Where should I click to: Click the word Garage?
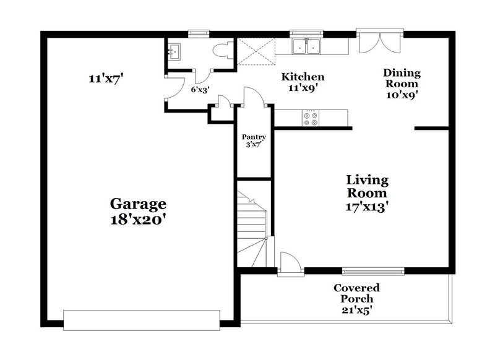(x=138, y=203)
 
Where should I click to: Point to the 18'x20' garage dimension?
(x=138, y=220)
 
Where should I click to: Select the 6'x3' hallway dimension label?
(x=199, y=90)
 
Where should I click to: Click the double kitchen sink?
(x=307, y=46)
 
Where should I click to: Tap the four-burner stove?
(x=311, y=118)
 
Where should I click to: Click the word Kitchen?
(x=303, y=77)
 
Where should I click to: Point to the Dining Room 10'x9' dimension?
(x=402, y=95)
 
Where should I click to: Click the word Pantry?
(x=254, y=137)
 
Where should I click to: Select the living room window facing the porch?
(x=373, y=270)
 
